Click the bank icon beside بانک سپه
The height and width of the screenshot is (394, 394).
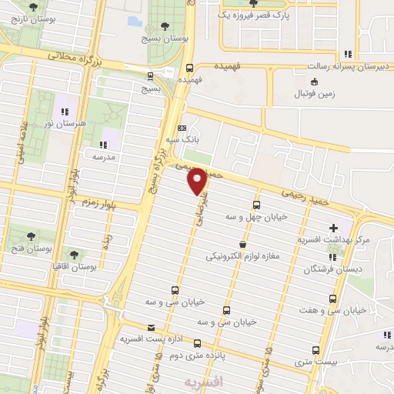click(x=182, y=128)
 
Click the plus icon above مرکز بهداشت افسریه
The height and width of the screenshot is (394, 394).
click(x=333, y=228)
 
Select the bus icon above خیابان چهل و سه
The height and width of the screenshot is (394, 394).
click(x=256, y=205)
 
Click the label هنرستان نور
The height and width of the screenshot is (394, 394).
click(x=65, y=123)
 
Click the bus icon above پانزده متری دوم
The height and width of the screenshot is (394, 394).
click(x=198, y=344)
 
